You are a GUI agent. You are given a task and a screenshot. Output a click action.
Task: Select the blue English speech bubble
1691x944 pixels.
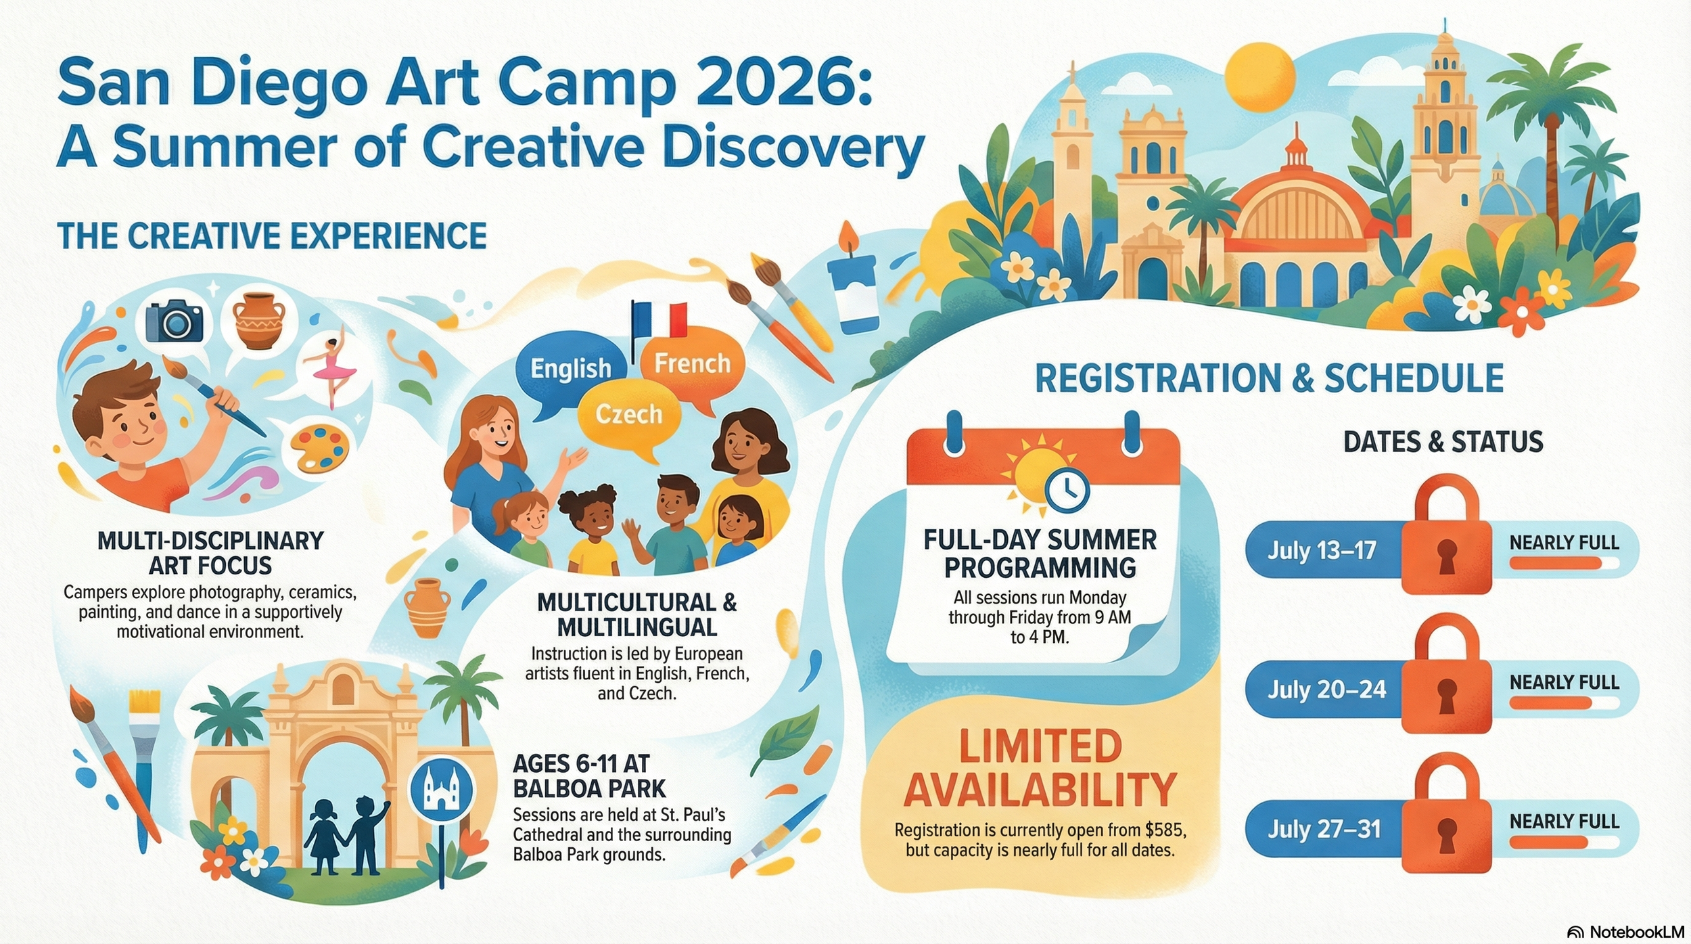(x=570, y=369)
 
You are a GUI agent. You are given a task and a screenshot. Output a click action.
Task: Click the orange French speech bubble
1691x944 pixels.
(x=692, y=363)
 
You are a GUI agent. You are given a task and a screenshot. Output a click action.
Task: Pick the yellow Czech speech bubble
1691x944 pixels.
(x=628, y=413)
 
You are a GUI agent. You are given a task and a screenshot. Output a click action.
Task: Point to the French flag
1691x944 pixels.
(x=659, y=321)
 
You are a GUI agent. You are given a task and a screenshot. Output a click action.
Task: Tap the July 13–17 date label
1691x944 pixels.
(x=1322, y=549)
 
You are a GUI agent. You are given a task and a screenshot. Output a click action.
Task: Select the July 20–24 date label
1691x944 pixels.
(x=1326, y=689)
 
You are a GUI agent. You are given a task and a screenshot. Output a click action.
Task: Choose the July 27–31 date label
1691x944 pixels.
(x=1324, y=829)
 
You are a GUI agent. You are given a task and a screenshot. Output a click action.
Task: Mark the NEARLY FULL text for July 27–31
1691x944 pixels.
(x=1565, y=822)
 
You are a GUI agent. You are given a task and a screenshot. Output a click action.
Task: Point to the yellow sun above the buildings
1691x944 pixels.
(x=1259, y=76)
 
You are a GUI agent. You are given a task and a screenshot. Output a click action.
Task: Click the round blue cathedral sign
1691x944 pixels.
(x=442, y=790)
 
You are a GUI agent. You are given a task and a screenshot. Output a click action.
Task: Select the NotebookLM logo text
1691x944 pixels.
(x=1636, y=932)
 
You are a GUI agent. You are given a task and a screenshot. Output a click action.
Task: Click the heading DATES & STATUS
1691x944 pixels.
(x=1443, y=442)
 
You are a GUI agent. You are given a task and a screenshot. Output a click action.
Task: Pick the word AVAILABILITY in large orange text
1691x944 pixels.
(x=1040, y=790)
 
